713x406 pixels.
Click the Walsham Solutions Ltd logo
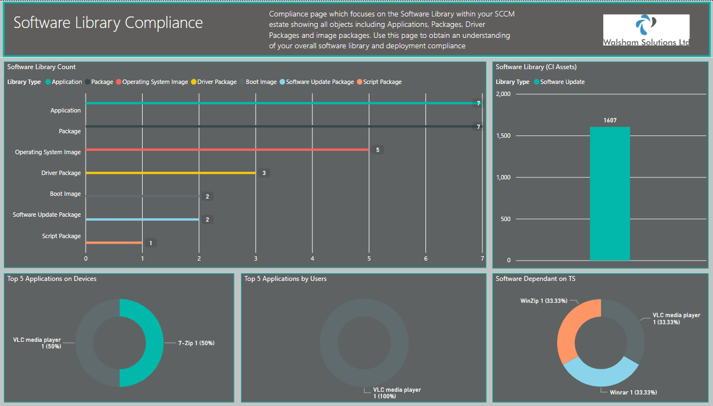coord(646,30)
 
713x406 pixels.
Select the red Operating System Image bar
coord(227,150)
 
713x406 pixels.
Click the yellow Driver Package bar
coord(171,173)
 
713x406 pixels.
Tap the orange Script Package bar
coord(114,243)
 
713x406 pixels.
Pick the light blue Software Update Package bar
coord(142,219)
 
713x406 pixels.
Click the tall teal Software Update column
coord(610,194)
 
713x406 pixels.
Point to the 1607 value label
coord(610,120)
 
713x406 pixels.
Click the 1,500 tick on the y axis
coord(503,136)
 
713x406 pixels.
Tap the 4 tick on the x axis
coord(312,258)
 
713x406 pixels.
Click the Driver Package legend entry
coord(214,82)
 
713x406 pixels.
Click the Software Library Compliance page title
coord(108,22)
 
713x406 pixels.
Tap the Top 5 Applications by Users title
coord(285,279)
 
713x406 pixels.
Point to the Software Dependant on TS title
coord(535,279)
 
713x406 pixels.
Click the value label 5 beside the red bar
coord(378,150)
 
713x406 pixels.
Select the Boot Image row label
coord(65,194)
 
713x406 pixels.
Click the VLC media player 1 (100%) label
coord(397,393)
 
